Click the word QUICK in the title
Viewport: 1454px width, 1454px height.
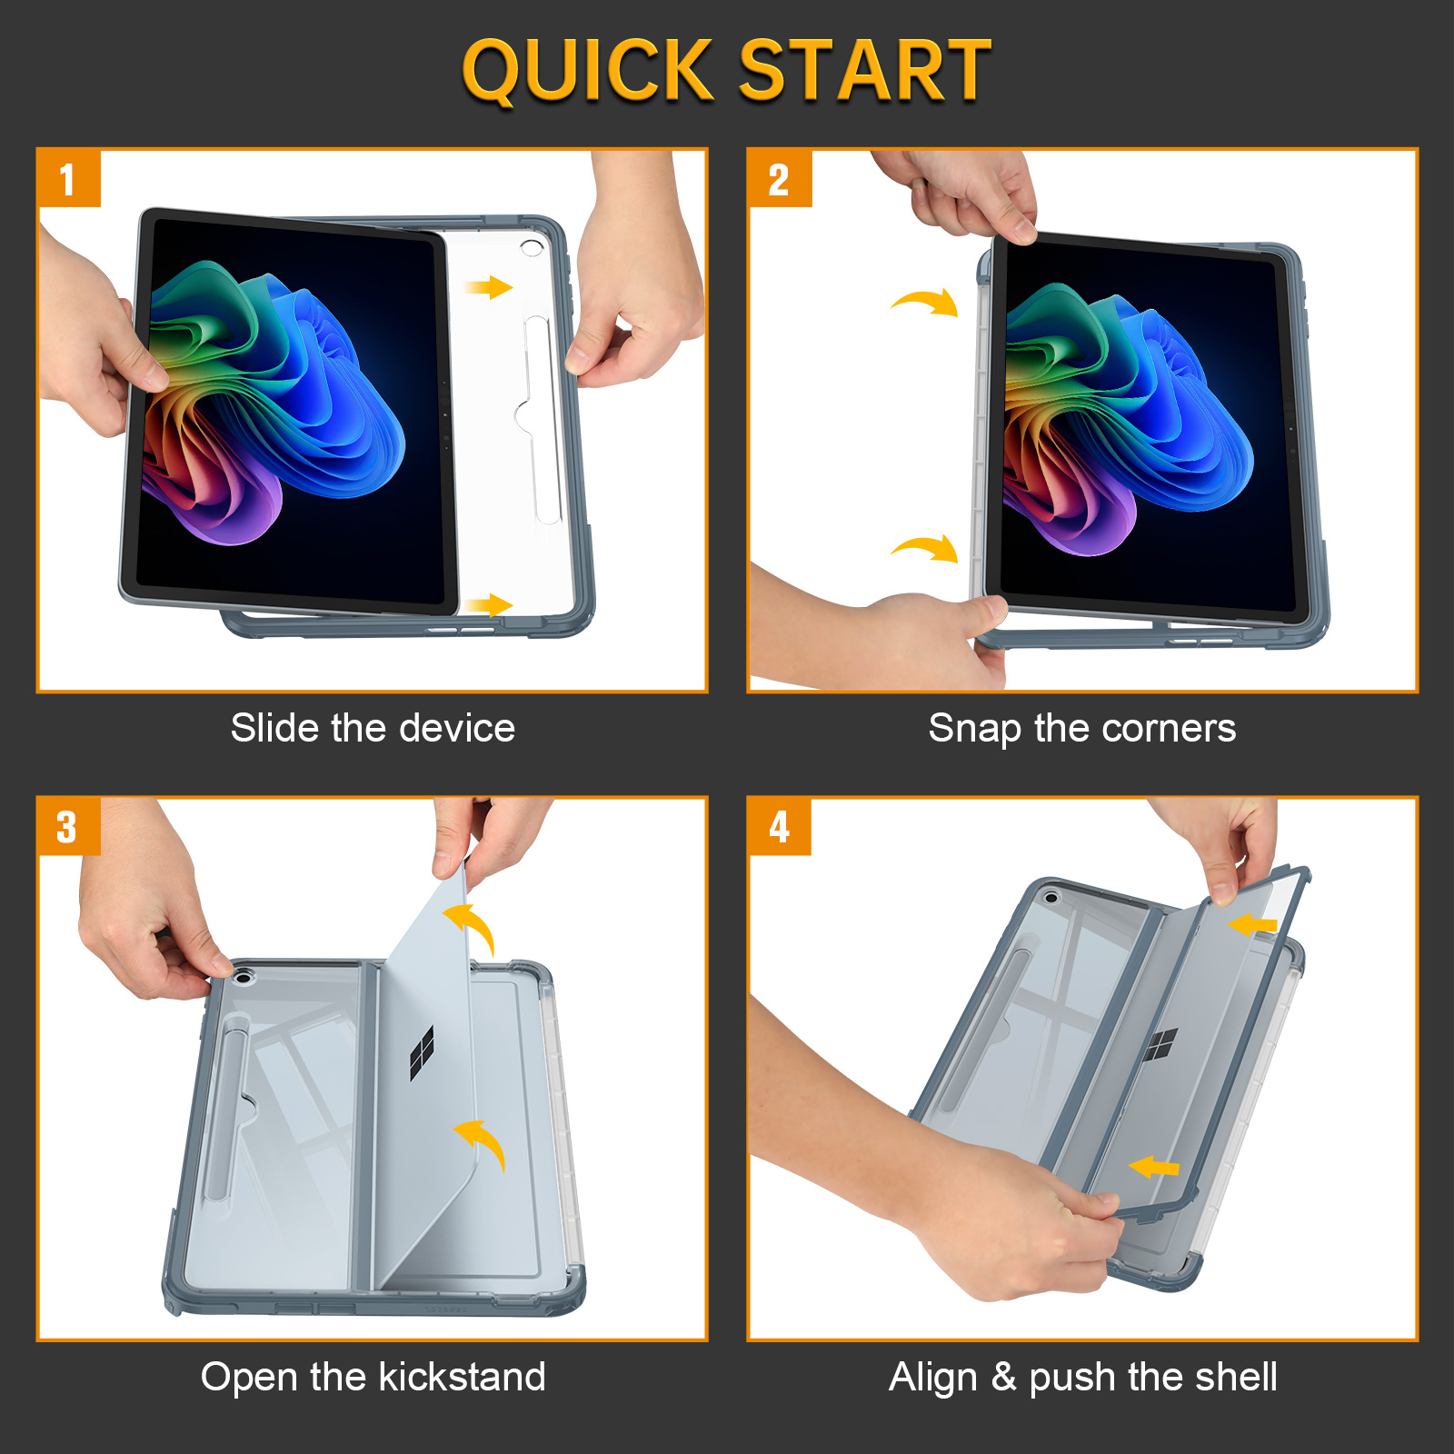pos(588,71)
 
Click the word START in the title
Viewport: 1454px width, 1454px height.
pos(864,70)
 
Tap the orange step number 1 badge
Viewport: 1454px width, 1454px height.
pos(69,178)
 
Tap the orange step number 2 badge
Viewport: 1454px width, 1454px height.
pos(780,178)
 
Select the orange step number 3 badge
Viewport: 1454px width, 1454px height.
pos(69,826)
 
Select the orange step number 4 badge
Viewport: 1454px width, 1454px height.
pos(780,826)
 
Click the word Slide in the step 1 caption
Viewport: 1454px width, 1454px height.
pos(274,728)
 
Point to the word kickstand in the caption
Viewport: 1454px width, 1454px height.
pos(463,1377)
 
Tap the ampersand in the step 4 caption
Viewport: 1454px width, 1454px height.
pos(1003,1377)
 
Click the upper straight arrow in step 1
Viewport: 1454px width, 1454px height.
pos(489,288)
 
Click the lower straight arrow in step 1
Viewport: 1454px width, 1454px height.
pos(489,605)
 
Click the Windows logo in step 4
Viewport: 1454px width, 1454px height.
pos(1160,1045)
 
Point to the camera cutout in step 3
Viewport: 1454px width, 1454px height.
pos(243,978)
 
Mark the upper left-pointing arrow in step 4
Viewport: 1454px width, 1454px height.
pos(1252,925)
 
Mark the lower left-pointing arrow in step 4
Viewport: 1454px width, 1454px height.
pos(1153,1166)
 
